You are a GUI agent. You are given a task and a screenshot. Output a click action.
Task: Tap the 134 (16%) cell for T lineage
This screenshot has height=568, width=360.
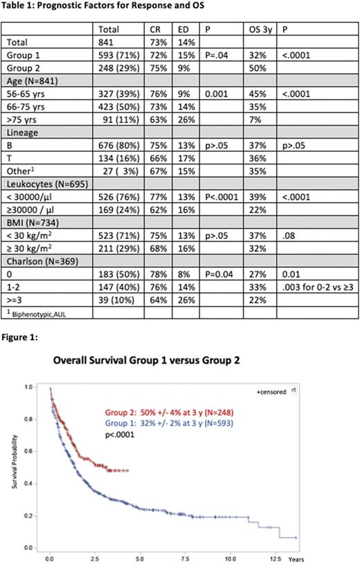(118, 161)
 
